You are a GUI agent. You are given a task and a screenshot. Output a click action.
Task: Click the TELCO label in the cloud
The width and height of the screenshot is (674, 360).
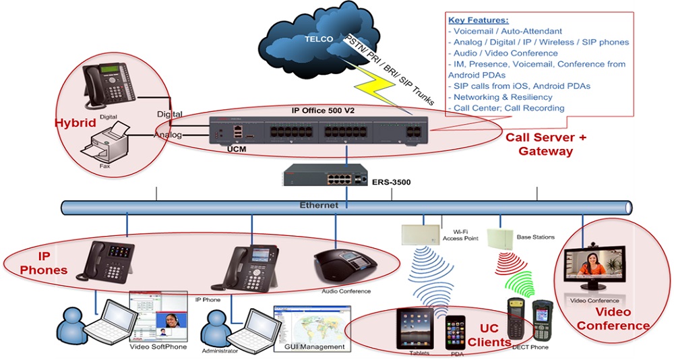pyautogui.click(x=319, y=39)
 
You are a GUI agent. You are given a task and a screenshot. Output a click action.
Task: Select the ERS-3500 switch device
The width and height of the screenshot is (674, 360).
pyautogui.click(x=325, y=177)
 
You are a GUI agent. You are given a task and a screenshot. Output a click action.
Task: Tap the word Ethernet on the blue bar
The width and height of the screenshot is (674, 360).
pyautogui.click(x=319, y=205)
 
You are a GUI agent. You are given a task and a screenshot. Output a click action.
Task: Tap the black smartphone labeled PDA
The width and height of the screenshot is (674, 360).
pyautogui.click(x=455, y=330)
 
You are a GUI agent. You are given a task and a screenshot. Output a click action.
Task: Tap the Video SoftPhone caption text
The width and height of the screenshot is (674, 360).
pyautogui.click(x=158, y=347)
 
